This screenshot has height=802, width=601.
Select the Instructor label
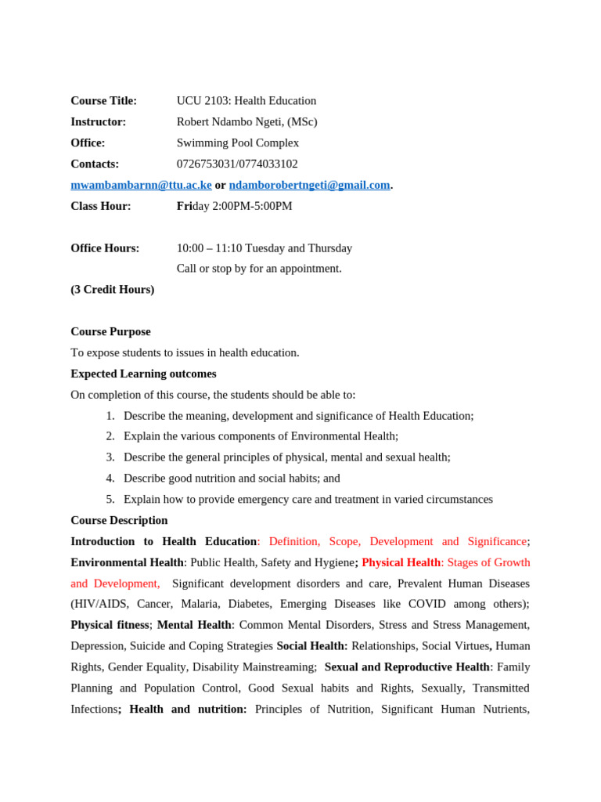pos(98,122)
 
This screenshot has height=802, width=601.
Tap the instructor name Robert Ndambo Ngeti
pos(231,122)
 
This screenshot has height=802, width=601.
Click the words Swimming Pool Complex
pos(237,143)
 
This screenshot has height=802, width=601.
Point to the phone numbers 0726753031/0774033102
pos(237,164)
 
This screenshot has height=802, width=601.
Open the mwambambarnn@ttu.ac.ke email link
pos(141,186)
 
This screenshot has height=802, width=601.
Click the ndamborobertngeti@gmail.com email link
pos(309,186)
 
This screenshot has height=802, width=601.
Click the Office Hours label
pos(105,248)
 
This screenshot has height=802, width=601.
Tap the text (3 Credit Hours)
pos(112,290)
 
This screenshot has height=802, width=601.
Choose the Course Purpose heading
pos(110,332)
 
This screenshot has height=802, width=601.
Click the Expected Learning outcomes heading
pos(143,374)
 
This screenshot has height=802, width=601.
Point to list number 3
pos(110,457)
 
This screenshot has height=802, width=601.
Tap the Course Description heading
pos(119,521)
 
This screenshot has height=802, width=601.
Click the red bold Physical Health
pos(401,563)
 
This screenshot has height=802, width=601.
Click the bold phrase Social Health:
pos(311,646)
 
